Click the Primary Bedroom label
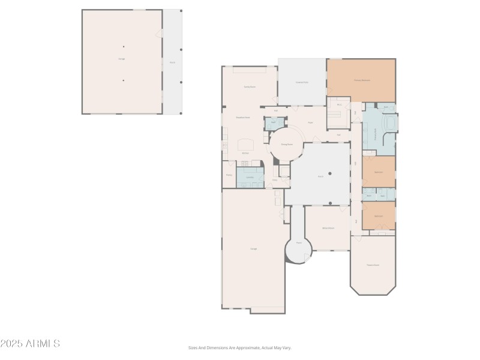pyautogui.click(x=361, y=80)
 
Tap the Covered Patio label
pyautogui.click(x=302, y=82)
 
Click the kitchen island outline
pyautogui.click(x=246, y=144)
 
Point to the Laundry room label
pyautogui.click(x=250, y=178)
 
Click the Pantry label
pyautogui.click(x=229, y=175)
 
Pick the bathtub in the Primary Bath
pyautogui.click(x=391, y=124)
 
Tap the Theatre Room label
pyautogui.click(x=373, y=265)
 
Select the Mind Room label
pyautogui.click(x=328, y=228)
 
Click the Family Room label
pyautogui.click(x=250, y=87)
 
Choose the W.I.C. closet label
pyautogui.click(x=339, y=105)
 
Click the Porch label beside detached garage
pyautogui.click(x=172, y=62)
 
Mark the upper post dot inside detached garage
pyautogui.click(x=124, y=46)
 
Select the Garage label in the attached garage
pyautogui.click(x=253, y=248)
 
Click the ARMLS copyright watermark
pyautogui.click(x=30, y=344)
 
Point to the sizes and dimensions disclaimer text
pyautogui.click(x=240, y=347)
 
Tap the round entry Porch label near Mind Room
pyautogui.click(x=298, y=243)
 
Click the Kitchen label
pyautogui.click(x=245, y=154)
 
